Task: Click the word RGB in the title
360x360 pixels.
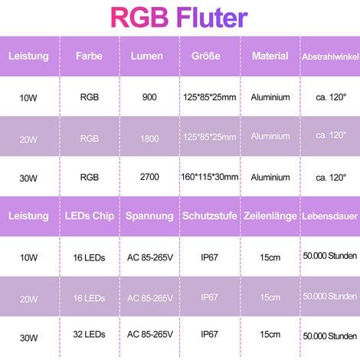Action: (139, 18)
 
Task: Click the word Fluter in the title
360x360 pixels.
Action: (212, 18)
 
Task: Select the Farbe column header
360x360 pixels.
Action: (89, 56)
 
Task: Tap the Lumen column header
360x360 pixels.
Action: (147, 56)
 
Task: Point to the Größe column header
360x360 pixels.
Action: (206, 56)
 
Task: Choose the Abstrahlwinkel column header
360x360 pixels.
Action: (331, 57)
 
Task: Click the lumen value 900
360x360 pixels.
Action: (149, 97)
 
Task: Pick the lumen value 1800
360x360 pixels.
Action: (149, 139)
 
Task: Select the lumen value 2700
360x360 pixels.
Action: (149, 177)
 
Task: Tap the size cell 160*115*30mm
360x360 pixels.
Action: (210, 177)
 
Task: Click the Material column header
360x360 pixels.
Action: (270, 56)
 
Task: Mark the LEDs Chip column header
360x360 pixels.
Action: (90, 216)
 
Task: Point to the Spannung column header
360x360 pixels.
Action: (149, 216)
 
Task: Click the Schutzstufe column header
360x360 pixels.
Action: (210, 216)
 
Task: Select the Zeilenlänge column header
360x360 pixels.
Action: (270, 216)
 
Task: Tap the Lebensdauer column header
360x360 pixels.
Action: (330, 216)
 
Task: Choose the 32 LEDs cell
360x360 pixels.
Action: (89, 334)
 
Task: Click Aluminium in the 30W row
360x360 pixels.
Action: (270, 177)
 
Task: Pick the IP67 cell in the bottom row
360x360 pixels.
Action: (209, 334)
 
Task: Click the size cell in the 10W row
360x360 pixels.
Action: (210, 97)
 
